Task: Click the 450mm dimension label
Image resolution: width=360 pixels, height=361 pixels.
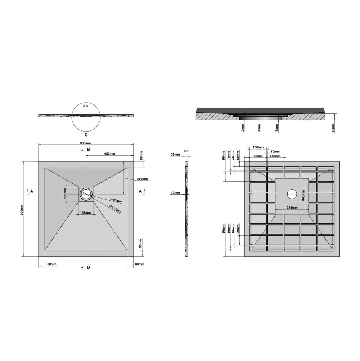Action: (109, 154)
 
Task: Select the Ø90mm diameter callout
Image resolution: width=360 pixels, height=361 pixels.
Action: (116, 201)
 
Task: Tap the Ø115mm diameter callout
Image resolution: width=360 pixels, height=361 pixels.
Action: (116, 209)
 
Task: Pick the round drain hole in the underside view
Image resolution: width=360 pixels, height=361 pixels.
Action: (292, 194)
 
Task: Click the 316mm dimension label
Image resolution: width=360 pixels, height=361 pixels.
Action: (292, 208)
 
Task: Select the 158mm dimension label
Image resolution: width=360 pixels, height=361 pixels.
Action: (258, 147)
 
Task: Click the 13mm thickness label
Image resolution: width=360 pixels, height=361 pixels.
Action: (333, 127)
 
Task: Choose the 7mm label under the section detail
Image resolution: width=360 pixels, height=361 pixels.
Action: (277, 127)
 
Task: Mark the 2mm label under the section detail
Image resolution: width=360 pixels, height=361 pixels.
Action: (243, 127)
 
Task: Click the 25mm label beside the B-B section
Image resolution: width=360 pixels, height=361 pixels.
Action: (175, 154)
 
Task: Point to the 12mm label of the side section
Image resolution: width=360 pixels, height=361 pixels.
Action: (175, 193)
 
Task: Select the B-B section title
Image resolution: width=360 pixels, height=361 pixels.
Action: (186, 150)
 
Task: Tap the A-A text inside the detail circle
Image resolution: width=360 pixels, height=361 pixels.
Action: (86, 106)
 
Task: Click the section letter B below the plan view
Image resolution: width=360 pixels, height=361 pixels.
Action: (88, 267)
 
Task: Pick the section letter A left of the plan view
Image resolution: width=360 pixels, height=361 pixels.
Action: (32, 191)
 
